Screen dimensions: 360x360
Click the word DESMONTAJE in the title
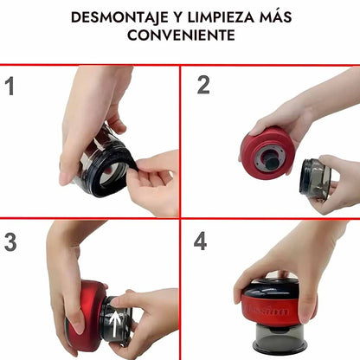(x=119, y=17)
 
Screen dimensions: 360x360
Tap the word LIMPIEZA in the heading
(x=221, y=17)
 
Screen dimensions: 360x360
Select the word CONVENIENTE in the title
(x=181, y=35)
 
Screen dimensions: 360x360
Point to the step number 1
(x=10, y=86)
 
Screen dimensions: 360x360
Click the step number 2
(x=203, y=85)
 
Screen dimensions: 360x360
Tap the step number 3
(x=10, y=241)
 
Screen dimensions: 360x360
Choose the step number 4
(x=200, y=241)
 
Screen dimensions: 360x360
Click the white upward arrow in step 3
(x=115, y=323)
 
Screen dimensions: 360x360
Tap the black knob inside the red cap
(x=271, y=162)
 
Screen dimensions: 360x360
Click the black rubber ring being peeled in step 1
(x=114, y=173)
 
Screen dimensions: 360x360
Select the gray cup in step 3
(x=116, y=320)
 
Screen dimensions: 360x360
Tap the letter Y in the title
(x=178, y=17)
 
